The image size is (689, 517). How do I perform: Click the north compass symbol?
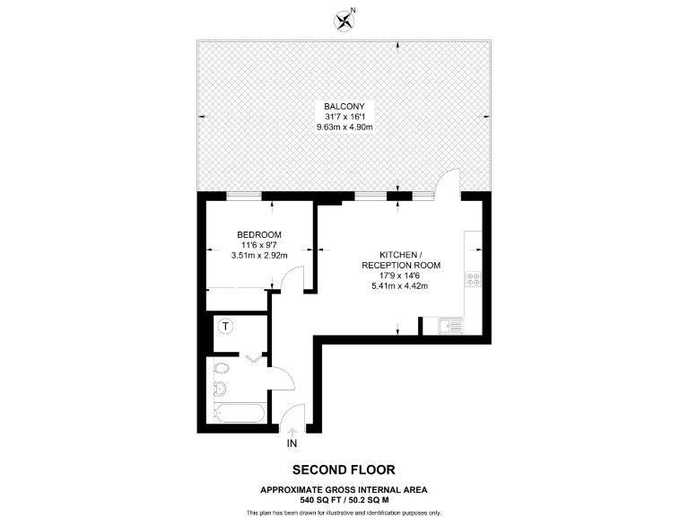[x=344, y=18]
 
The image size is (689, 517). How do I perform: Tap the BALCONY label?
[x=344, y=106]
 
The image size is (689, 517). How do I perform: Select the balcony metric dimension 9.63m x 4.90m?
[x=344, y=127]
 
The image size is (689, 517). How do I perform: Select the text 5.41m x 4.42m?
[x=400, y=286]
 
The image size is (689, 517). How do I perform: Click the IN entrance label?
[x=292, y=443]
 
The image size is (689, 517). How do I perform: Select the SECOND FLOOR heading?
[x=344, y=469]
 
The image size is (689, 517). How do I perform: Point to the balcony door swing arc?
[x=446, y=184]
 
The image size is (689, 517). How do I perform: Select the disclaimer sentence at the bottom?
[x=344, y=512]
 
